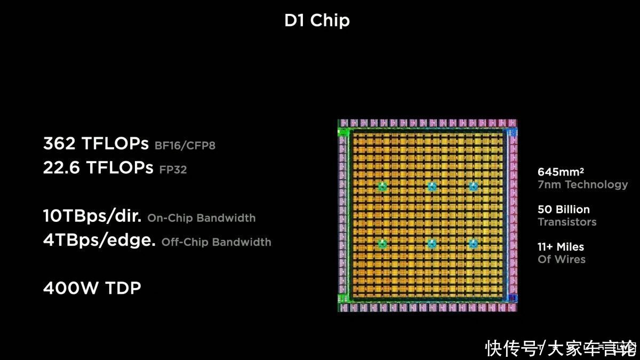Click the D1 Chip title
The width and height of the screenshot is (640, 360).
317,21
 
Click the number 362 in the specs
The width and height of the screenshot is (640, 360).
59,143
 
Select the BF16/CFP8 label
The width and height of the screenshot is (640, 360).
185,146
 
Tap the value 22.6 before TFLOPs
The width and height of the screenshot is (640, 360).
61,167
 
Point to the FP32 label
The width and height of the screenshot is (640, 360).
173,170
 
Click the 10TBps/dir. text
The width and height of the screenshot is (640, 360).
92,215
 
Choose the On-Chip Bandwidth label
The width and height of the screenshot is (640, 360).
202,218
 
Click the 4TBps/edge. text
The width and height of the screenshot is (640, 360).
99,240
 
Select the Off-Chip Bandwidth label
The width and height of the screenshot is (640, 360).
217,242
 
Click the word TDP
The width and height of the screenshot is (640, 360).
123,287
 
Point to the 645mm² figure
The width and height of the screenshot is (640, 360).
561,172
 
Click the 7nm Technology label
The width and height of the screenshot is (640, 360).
582,185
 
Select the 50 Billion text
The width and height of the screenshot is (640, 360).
563,210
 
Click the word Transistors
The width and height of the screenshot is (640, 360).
567,222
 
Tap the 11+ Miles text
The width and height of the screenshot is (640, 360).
561,247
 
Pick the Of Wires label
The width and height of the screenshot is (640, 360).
562,259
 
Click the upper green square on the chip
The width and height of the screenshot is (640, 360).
382,187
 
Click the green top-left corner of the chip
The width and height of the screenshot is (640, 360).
342,132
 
